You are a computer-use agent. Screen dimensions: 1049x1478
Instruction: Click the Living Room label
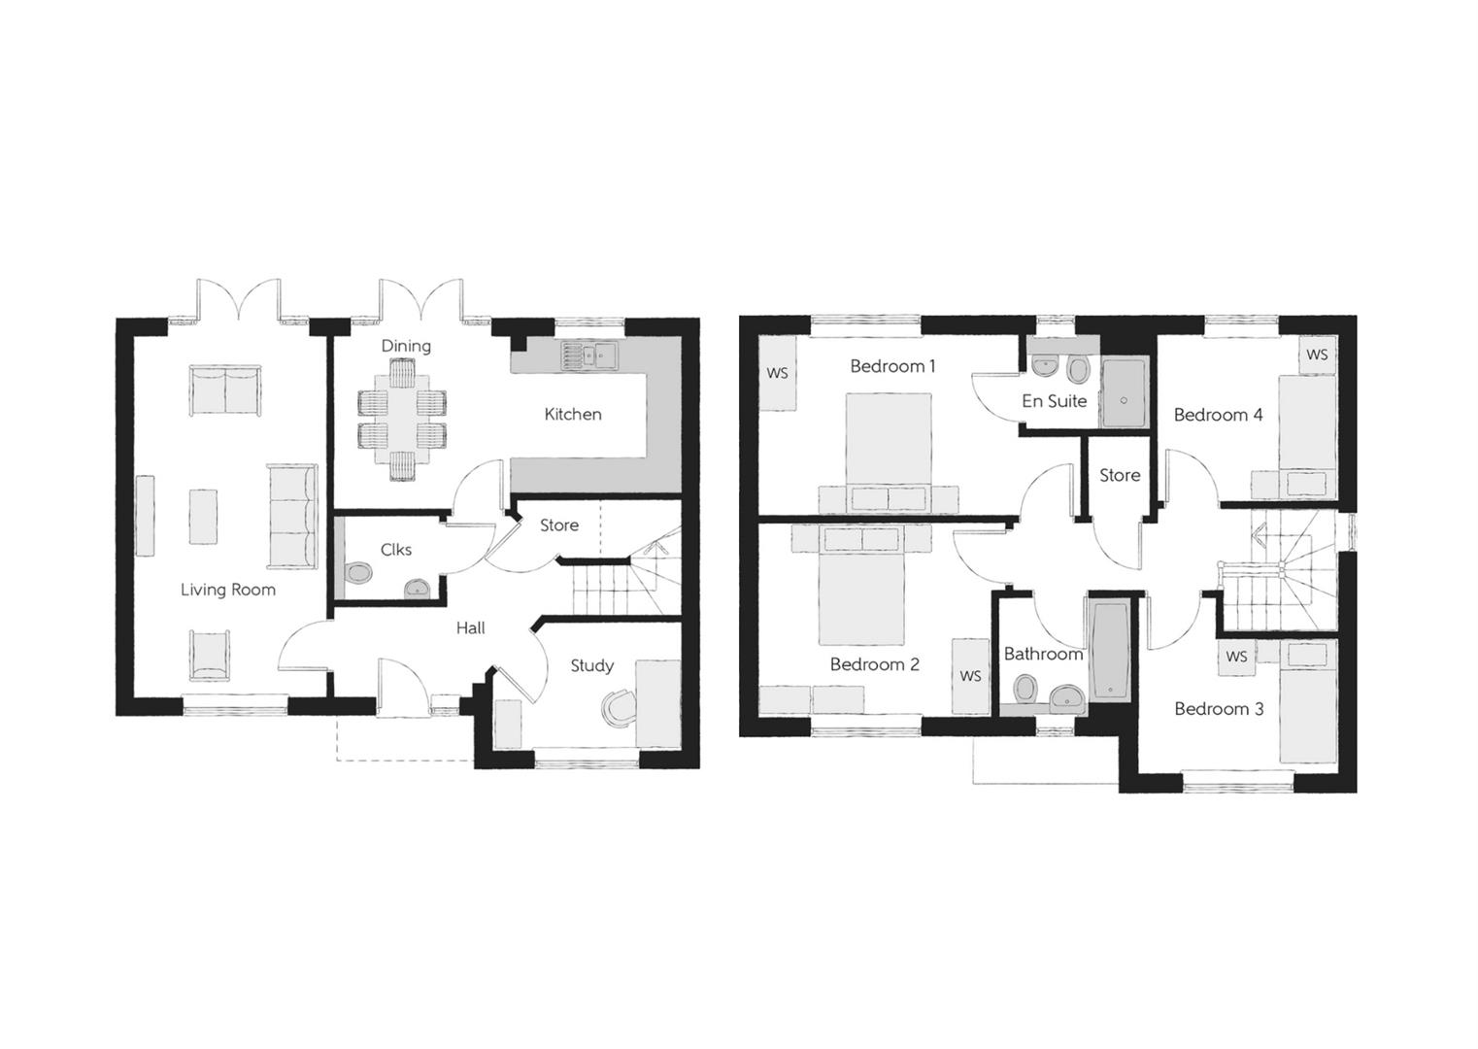[228, 590]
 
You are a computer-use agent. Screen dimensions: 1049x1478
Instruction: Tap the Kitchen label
[573, 415]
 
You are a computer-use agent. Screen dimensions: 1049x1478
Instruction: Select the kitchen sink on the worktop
[588, 356]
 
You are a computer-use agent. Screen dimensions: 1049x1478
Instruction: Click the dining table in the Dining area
[402, 421]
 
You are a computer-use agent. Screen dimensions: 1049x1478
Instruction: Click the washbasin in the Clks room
[417, 588]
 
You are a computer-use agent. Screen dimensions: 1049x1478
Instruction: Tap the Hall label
[471, 628]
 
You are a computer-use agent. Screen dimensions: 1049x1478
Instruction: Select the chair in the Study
[617, 707]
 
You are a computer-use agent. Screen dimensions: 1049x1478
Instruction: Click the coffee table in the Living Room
[203, 517]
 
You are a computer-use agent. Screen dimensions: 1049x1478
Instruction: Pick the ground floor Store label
[559, 525]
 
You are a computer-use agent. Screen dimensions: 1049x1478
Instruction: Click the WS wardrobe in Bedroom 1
[778, 373]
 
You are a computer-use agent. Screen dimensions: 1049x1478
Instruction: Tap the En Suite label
[1054, 401]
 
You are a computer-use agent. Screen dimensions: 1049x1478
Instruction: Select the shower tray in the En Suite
[1125, 392]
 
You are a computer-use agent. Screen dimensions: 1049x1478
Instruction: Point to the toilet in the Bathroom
[1025, 690]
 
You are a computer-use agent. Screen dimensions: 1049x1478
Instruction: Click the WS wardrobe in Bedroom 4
[1317, 355]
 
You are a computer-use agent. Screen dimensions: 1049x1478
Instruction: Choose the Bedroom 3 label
[1219, 709]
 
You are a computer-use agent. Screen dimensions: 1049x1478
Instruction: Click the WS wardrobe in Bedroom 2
[970, 676]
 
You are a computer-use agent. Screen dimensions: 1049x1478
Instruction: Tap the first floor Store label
[1120, 476]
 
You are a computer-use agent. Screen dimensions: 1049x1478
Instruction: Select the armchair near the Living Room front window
[210, 654]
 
